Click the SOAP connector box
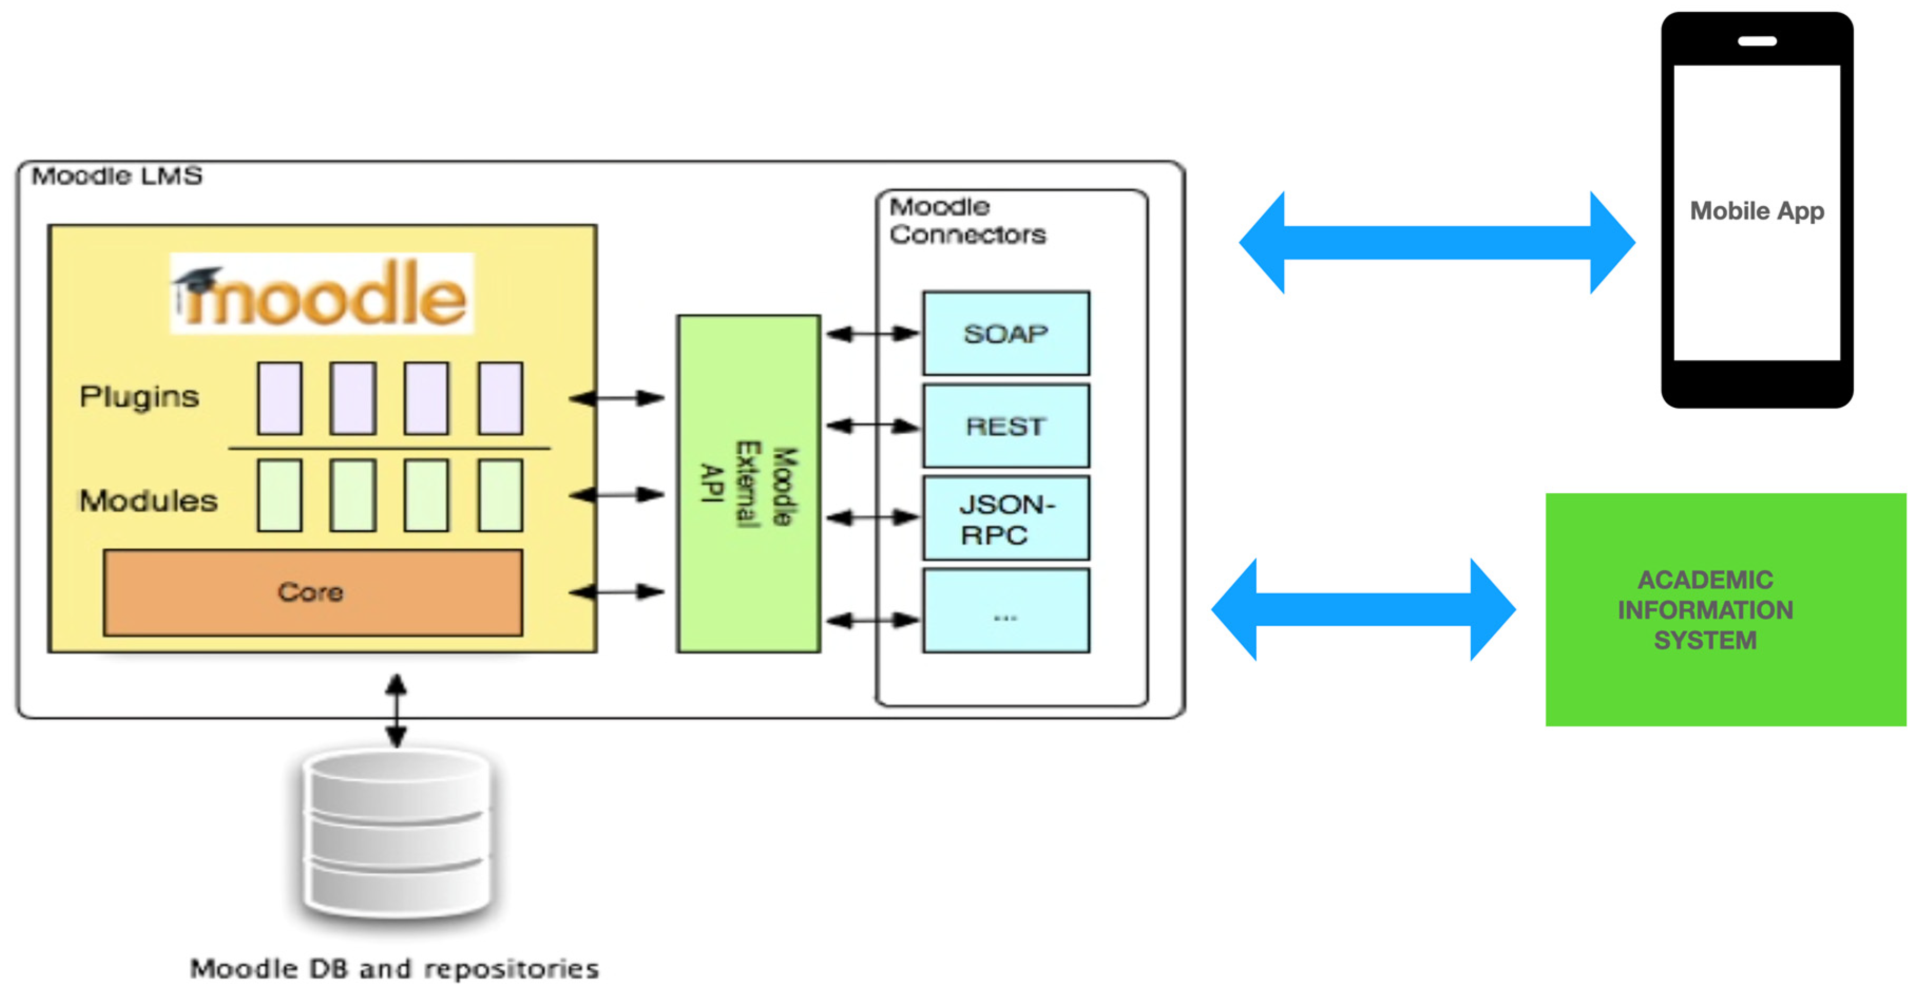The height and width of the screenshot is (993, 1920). pyautogui.click(x=1005, y=333)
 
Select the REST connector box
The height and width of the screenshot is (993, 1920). pyautogui.click(x=1005, y=426)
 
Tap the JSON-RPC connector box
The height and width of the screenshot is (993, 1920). pyautogui.click(x=1005, y=518)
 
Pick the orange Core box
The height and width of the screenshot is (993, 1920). pyautogui.click(x=312, y=593)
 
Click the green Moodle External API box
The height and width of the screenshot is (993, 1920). pyautogui.click(x=748, y=484)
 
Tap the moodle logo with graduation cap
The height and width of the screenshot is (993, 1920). pyautogui.click(x=321, y=294)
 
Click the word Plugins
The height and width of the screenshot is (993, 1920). pyautogui.click(x=139, y=397)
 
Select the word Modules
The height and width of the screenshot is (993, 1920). pyautogui.click(x=148, y=500)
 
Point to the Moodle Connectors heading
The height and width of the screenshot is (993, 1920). pyautogui.click(x=967, y=221)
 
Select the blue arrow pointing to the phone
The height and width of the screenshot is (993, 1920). pyautogui.click(x=1436, y=242)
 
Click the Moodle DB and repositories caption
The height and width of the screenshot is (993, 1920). pyautogui.click(x=395, y=968)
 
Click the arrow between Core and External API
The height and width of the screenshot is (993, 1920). pyautogui.click(x=617, y=592)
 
